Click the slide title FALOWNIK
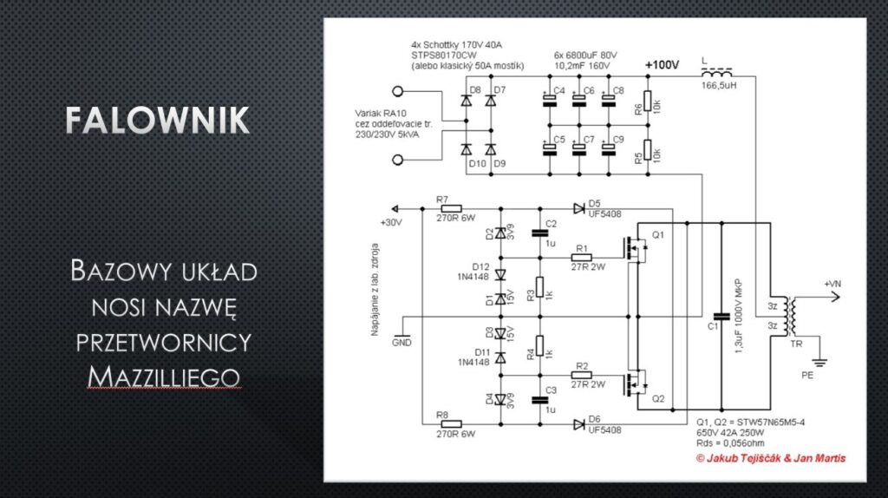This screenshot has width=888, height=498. click(x=158, y=121)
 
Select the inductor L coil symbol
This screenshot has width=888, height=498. click(x=716, y=75)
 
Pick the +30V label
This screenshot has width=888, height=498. click(x=392, y=222)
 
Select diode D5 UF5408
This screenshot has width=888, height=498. click(x=579, y=208)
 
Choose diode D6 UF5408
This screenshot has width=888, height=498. click(x=579, y=424)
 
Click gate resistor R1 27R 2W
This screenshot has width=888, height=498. click(x=581, y=258)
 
